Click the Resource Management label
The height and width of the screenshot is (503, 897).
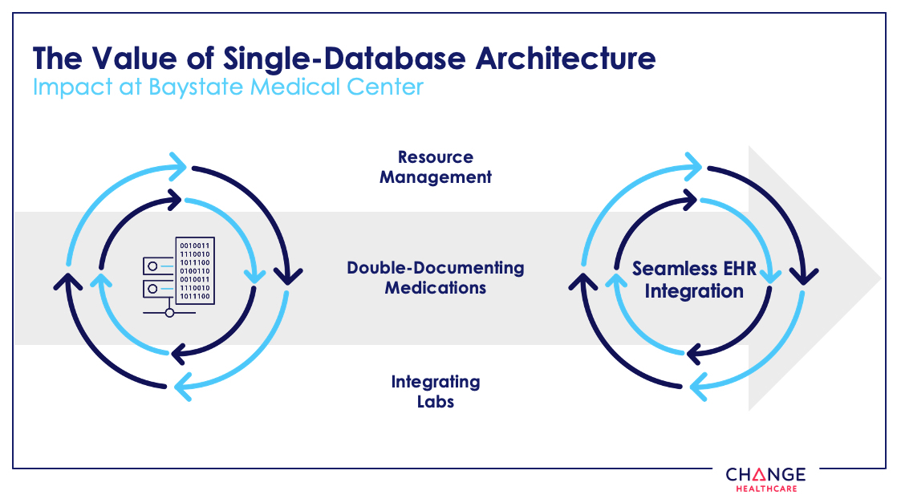point(436,167)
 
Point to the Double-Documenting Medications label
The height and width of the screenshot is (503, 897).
point(436,277)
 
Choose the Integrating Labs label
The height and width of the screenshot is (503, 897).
point(436,391)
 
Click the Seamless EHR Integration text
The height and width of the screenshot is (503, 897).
point(694,279)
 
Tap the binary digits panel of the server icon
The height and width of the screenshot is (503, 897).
point(194,270)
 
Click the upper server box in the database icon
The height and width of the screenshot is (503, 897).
point(158,265)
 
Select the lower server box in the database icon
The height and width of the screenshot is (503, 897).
point(158,287)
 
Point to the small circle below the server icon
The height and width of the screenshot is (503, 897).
point(169,313)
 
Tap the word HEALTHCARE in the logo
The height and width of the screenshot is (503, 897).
point(765,489)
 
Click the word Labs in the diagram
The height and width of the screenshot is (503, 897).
point(436,401)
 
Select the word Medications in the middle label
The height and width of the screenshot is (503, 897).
point(436,287)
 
